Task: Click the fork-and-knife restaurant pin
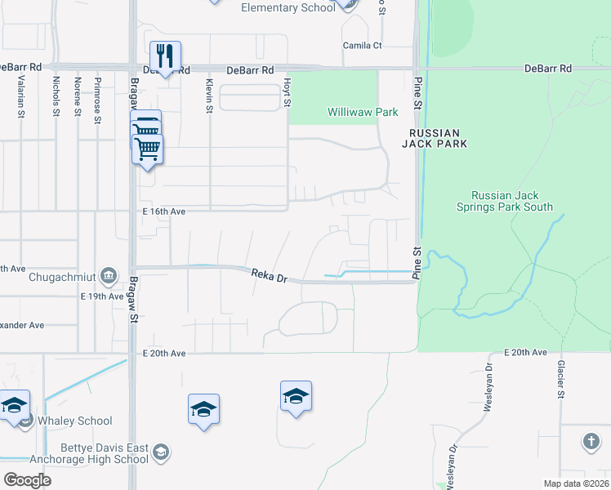(x=165, y=56)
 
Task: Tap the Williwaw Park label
(x=363, y=112)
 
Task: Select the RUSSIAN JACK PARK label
(x=435, y=138)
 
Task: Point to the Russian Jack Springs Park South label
(x=512, y=202)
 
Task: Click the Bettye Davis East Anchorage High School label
(x=105, y=453)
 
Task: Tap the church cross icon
(x=591, y=442)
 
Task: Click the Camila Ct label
(x=362, y=45)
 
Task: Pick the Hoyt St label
(x=287, y=93)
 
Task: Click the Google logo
(x=27, y=480)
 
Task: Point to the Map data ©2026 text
(x=577, y=483)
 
